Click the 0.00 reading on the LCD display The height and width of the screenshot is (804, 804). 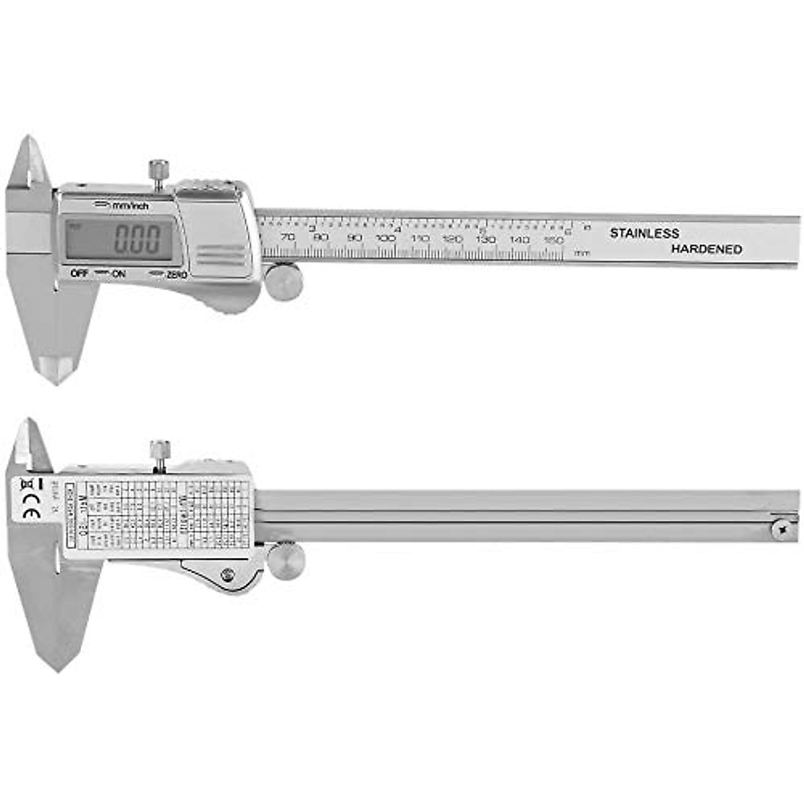[138, 239]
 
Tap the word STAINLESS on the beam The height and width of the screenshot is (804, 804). [644, 234]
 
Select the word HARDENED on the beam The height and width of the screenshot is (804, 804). [706, 249]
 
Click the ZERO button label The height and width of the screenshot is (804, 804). [176, 274]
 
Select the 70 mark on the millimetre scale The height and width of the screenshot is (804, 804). [288, 238]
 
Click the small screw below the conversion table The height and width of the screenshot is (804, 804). [228, 574]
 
